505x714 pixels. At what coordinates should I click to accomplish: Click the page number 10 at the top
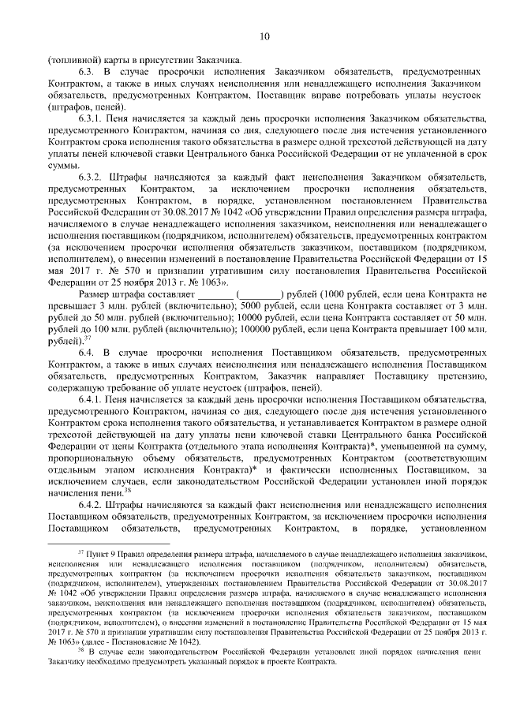pos(264,36)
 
